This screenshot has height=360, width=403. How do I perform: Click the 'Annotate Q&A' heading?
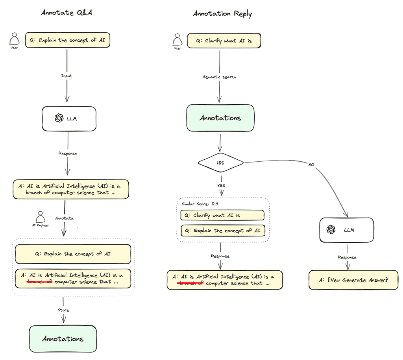coord(67,13)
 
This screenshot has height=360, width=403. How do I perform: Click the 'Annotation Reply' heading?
coord(222,14)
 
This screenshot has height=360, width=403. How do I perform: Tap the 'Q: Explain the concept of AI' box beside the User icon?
coord(67,40)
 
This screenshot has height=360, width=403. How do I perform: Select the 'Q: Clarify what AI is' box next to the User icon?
coord(224,41)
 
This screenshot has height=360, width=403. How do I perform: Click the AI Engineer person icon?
coord(40,217)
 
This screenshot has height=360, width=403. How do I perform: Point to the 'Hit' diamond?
coord(220,162)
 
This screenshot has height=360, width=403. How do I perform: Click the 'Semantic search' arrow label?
coord(219,77)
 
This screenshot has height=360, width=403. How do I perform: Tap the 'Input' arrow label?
coord(67,76)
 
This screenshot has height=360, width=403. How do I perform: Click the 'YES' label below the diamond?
coord(221,186)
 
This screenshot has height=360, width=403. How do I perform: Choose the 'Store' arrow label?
coord(63,310)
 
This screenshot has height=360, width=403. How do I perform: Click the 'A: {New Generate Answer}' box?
coord(353,280)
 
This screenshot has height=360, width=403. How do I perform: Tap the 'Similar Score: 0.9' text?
coord(200,204)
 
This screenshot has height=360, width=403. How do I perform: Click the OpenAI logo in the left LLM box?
coord(59,118)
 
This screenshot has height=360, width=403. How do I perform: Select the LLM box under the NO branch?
coord(346,230)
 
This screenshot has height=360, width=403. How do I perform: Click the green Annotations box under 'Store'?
coord(63,339)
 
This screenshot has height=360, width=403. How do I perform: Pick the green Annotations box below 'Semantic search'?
coord(220,118)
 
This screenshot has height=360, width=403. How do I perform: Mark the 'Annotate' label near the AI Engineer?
coord(64,218)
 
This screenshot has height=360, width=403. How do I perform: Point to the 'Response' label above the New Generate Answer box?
coord(347,257)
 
